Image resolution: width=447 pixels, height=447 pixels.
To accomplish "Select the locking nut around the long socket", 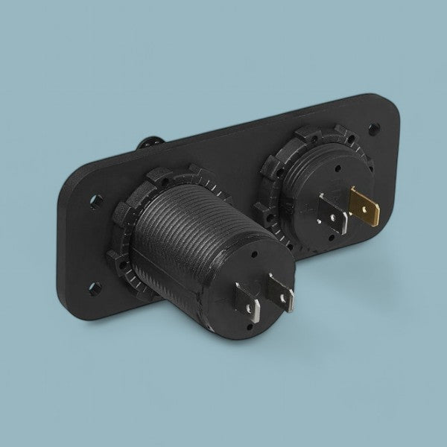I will pos(123,246).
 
